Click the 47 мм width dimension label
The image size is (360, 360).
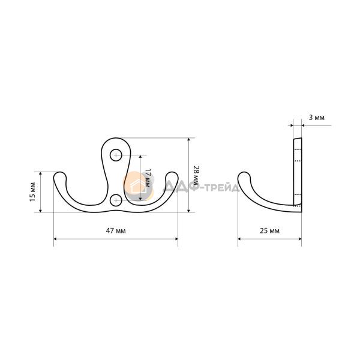click(x=116, y=230)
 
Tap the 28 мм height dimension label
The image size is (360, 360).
click(x=196, y=175)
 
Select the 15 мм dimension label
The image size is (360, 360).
click(x=32, y=192)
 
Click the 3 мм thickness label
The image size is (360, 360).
click(x=317, y=118)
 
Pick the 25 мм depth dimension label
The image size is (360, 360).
click(x=269, y=230)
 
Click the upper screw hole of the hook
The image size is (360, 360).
click(x=116, y=155)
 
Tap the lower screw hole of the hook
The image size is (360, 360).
click(x=116, y=200)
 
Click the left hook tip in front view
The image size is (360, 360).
click(x=60, y=175)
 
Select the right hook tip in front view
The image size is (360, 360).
click(x=172, y=175)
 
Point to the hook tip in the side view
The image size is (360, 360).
click(x=244, y=175)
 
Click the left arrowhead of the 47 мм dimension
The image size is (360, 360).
click(x=55, y=239)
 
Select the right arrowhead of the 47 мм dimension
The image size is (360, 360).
click(x=176, y=239)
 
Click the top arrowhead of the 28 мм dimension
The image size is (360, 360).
click(x=189, y=140)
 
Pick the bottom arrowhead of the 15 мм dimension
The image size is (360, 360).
click(x=40, y=211)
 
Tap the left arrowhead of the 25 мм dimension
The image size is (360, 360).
click(x=239, y=239)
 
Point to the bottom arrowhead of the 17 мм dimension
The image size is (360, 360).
click(x=140, y=199)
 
